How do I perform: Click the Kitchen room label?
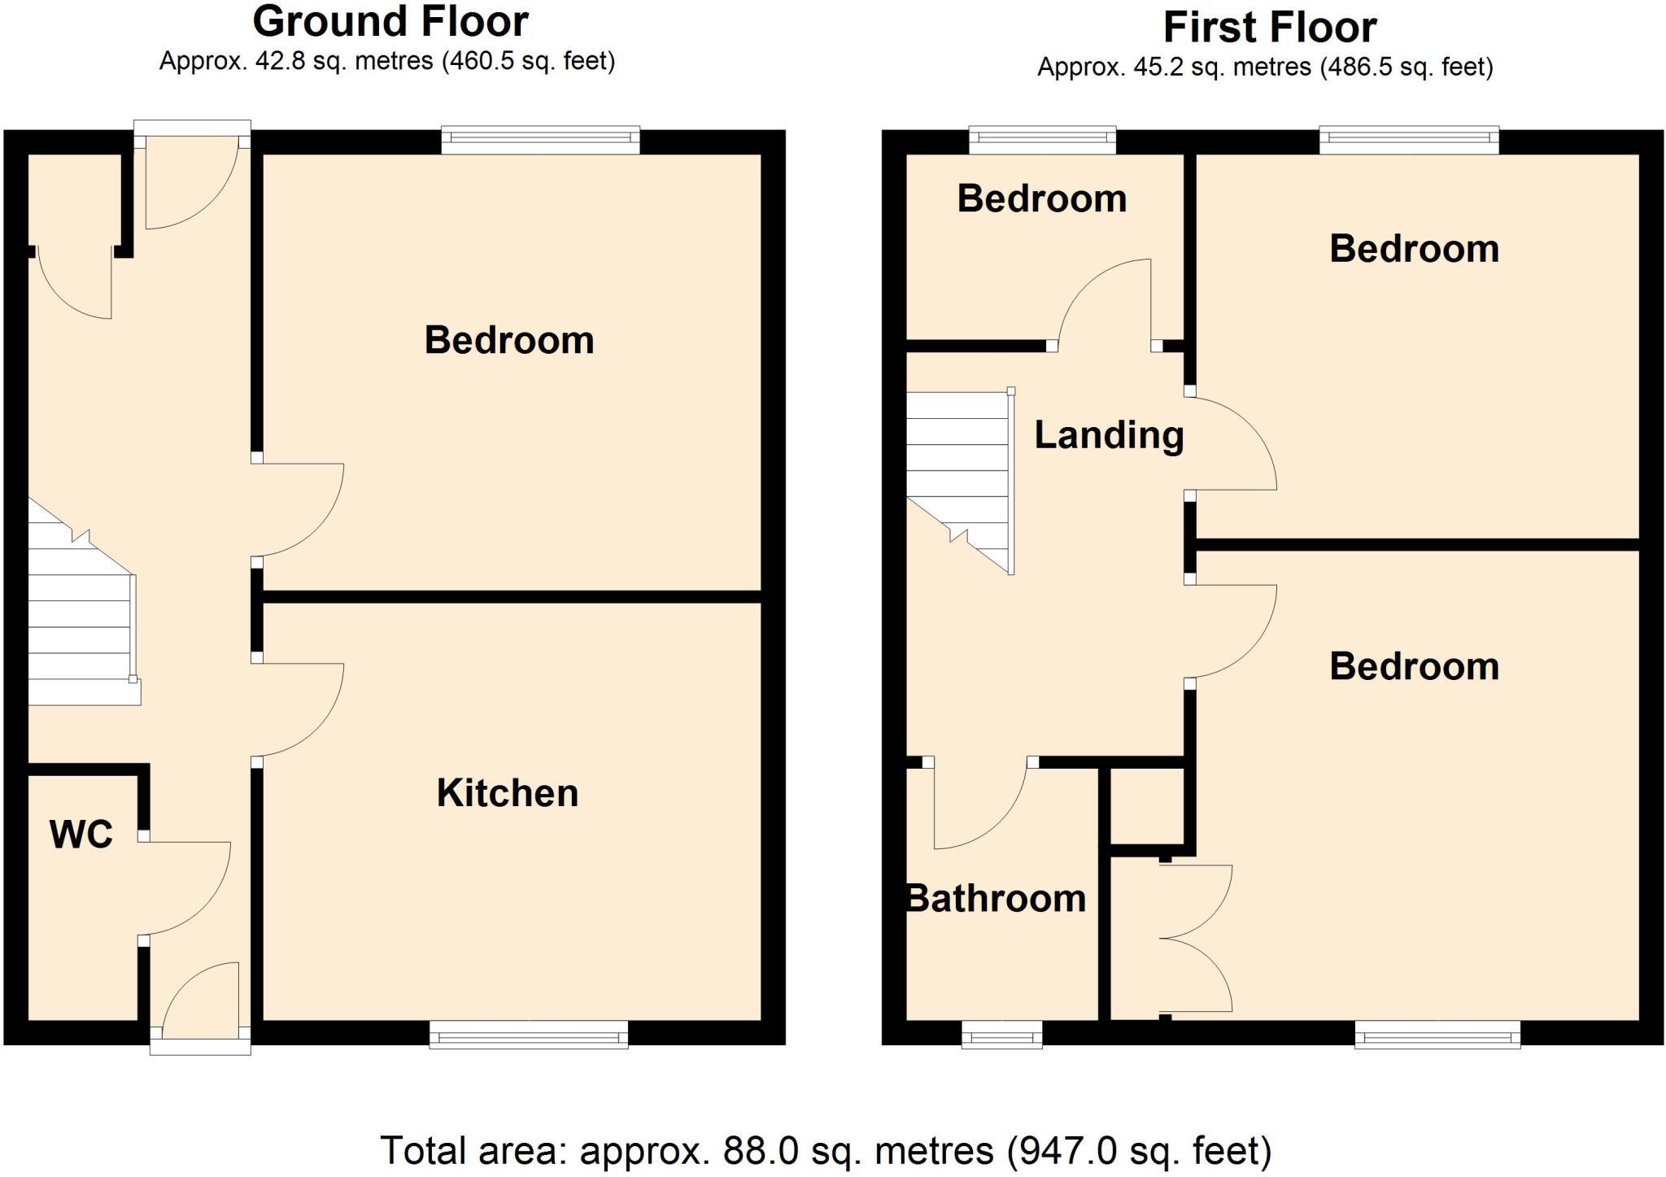point(508,793)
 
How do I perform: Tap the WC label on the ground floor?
point(81,835)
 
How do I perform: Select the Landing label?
point(1109,435)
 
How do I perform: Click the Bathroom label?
point(997,899)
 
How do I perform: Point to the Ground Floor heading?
point(390,22)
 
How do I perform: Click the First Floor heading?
point(1269,28)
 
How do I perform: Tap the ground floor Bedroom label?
point(509,340)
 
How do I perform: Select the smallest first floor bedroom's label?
point(1042,199)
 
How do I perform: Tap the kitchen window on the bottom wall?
point(529,1035)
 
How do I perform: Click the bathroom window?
point(1001,1035)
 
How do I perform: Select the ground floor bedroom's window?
point(541,140)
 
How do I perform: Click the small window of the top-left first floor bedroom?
point(1042,140)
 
